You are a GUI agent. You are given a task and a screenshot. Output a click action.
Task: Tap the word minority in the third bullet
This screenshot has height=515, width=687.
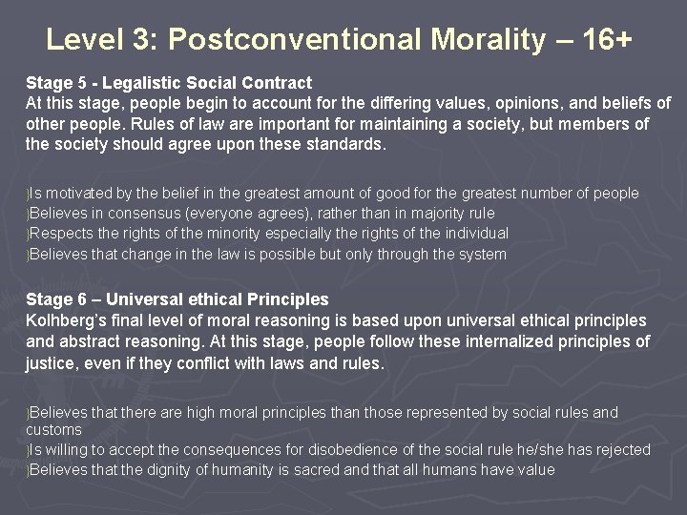click(234, 234)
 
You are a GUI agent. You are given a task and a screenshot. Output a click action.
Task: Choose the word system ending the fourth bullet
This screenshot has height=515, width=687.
click(483, 255)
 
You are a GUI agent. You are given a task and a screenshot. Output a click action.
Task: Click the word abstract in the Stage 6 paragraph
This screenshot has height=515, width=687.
click(90, 341)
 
